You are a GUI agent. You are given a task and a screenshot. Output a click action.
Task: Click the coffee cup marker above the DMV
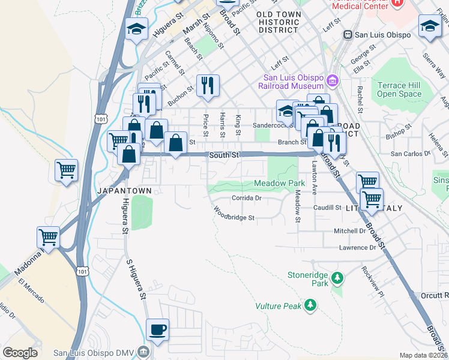pos(157,329)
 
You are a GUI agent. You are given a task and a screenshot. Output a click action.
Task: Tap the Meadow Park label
pos(276,182)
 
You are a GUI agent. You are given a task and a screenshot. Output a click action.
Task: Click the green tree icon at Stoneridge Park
pos(337,278)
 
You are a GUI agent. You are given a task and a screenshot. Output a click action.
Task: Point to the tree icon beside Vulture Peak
pos(310,305)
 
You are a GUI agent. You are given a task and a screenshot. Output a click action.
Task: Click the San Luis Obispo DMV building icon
pos(142,351)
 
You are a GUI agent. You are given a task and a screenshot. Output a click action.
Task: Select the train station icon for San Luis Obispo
pos(346,34)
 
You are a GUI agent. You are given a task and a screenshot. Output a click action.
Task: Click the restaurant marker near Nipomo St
pos(208,85)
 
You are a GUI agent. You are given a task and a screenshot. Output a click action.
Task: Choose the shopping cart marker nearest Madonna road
pos(48,237)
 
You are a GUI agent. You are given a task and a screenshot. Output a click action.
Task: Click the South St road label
pos(224,155)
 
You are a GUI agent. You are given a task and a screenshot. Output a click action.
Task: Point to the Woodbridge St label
pos(235,214)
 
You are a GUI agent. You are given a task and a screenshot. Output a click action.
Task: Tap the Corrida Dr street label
pos(247,197)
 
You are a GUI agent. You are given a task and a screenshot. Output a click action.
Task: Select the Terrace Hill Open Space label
pos(399,89)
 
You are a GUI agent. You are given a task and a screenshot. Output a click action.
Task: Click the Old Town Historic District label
pos(277,22)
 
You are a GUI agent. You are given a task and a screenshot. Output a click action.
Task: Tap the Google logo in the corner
pos(20,353)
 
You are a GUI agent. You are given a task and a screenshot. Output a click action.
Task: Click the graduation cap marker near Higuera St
pos(137,28)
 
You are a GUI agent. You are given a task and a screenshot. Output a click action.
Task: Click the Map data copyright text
pos(423,355)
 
